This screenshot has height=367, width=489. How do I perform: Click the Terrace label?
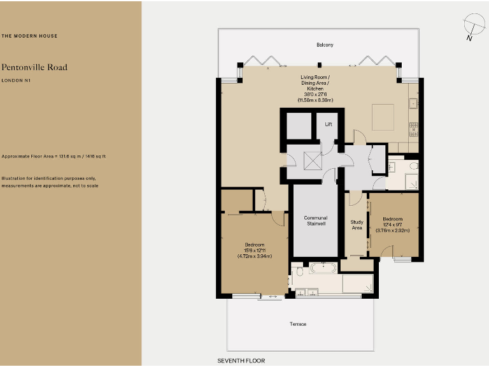[298, 324]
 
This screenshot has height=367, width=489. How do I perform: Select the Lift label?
[329, 124]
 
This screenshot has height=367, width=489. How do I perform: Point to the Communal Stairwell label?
[315, 221]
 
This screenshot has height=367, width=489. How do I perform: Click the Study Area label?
[357, 225]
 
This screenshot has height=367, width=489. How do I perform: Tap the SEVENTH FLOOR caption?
[241, 361]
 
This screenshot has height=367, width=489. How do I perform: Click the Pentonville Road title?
[34, 67]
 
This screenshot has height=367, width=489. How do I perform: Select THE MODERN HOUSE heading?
[29, 36]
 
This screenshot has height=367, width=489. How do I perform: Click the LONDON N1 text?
[17, 81]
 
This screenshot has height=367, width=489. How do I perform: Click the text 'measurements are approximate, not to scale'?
[50, 185]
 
